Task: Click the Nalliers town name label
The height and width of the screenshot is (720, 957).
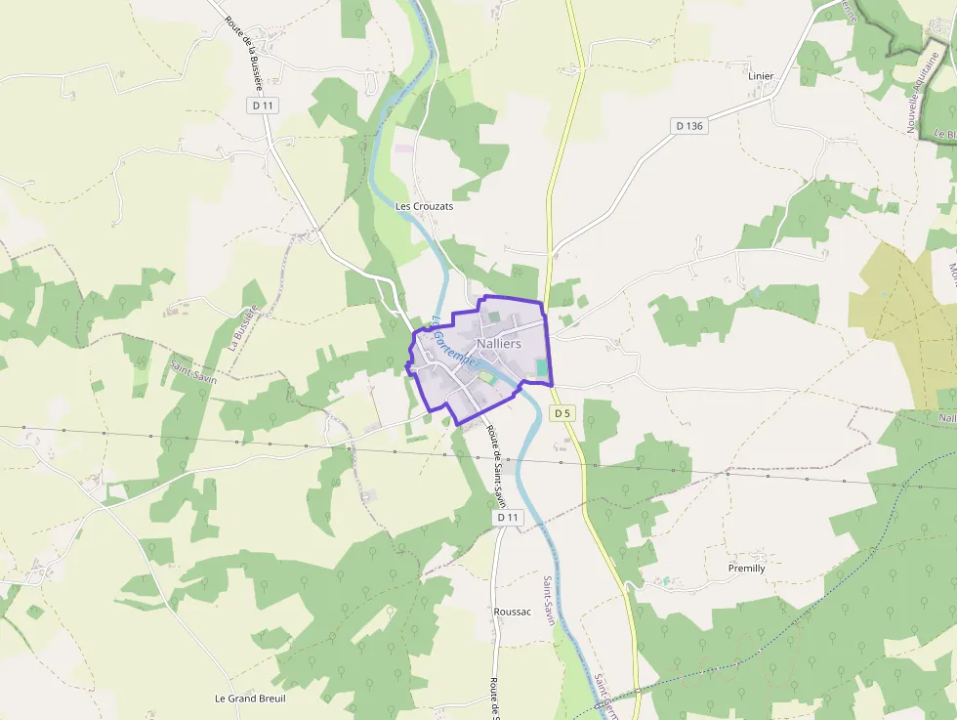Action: coord(498,344)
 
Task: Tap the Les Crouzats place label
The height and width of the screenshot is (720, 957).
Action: coord(424,207)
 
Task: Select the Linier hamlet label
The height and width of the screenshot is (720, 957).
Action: coord(760,76)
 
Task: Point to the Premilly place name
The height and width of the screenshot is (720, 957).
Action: coord(747,568)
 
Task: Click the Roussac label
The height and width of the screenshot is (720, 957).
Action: coord(513,612)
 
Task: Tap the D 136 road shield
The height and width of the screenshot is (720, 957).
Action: coord(688,126)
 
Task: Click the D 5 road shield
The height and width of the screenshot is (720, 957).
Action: coord(562,413)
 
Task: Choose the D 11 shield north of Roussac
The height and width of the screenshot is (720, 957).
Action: coord(504,518)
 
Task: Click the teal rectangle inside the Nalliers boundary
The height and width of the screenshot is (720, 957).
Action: coord(541,366)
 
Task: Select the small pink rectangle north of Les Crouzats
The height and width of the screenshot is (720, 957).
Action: coord(403,148)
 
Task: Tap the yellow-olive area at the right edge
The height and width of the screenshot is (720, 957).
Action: coord(903,322)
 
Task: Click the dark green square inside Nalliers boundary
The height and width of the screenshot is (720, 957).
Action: coord(494,317)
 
